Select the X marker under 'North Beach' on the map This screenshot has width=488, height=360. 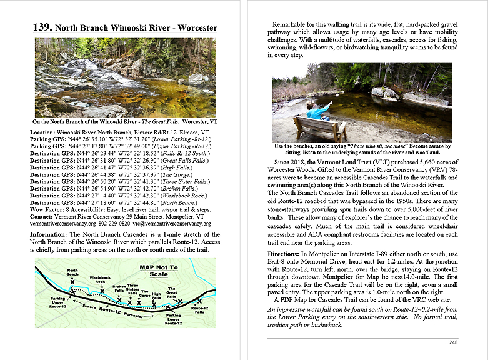point(72,282)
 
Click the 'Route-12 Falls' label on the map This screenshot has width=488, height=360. point(199,310)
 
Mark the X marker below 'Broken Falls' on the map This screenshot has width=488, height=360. point(119,299)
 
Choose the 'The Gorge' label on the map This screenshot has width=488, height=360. point(144,292)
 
